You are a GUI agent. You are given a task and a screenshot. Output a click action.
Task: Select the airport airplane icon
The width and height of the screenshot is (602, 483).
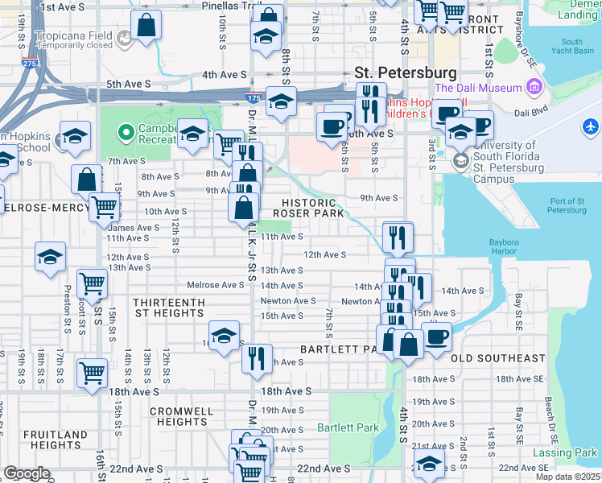591,127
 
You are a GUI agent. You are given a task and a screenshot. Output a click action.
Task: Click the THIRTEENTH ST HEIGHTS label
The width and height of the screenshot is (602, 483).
170,307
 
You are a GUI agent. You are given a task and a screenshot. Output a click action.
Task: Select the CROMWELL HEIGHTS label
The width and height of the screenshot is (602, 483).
182,416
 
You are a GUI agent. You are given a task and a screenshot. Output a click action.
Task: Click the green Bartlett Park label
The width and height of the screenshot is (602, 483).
347,427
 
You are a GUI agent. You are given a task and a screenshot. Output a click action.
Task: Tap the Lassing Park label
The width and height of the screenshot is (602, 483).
565,453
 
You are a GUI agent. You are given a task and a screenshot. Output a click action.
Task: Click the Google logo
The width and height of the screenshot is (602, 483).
27,473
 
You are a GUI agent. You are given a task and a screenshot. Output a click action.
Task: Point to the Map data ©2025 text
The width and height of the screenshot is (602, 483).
569,477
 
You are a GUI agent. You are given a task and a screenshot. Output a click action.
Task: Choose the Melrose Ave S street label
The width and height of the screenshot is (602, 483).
215,285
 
